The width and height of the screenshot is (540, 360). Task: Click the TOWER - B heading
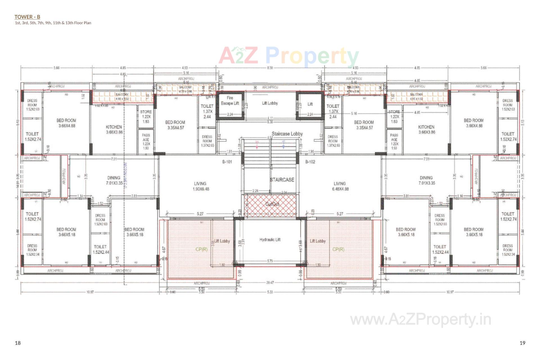tap(27, 17)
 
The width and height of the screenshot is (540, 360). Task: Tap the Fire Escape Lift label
tap(230, 101)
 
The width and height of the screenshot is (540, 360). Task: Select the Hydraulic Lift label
tap(270, 240)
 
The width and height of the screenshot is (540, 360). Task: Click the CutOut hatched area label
tap(272, 204)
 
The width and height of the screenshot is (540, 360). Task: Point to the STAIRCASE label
tap(282, 180)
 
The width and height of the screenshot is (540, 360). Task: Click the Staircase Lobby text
tap(287, 134)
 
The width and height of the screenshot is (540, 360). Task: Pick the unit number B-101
tap(227, 162)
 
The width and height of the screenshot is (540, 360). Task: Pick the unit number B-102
tap(310, 162)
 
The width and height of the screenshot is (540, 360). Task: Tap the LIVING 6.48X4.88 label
tap(340, 186)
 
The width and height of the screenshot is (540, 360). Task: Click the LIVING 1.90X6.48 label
tap(201, 186)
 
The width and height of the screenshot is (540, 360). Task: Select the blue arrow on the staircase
tap(283, 144)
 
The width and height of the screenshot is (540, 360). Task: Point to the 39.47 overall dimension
tap(270, 282)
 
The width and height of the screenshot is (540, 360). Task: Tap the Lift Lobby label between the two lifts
tap(270, 103)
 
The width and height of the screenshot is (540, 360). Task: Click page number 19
tap(522, 343)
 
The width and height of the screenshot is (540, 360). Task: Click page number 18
tap(18, 343)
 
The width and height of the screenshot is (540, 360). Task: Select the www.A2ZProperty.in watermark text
tap(420, 320)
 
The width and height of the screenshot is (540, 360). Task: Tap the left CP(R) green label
tap(201, 249)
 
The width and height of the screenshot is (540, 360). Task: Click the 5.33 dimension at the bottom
tap(270, 292)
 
